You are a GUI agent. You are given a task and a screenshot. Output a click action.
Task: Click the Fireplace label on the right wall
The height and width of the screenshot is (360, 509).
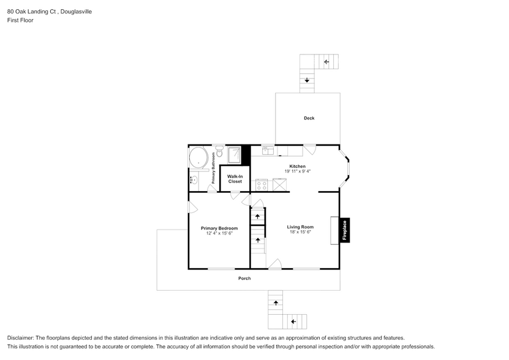345,230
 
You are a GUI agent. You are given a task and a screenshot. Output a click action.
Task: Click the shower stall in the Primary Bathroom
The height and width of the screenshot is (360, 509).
235,154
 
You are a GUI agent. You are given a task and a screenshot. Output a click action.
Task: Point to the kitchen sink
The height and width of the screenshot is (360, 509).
268,150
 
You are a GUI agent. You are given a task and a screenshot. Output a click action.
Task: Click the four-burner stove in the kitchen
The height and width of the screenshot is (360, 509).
262,184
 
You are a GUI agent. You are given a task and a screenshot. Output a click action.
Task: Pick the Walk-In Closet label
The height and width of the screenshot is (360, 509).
235,179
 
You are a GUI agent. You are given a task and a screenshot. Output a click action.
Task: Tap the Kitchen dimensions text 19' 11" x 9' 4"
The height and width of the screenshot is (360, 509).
297,171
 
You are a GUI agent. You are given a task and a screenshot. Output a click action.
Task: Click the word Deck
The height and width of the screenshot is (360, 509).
309,118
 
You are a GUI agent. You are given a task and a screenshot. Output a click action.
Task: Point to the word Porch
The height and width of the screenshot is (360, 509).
244,279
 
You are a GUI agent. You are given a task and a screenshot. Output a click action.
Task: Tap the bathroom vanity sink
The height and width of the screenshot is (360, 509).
193,179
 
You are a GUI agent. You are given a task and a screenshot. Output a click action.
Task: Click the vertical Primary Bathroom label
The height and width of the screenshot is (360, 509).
214,168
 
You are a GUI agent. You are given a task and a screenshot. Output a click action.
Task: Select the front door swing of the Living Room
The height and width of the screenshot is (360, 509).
275,264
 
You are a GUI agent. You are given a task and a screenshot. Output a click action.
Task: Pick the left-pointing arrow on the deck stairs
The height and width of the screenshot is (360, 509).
326,61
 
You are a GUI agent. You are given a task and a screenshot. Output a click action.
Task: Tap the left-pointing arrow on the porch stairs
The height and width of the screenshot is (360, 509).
293,321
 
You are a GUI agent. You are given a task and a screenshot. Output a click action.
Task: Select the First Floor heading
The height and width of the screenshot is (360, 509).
20,20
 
